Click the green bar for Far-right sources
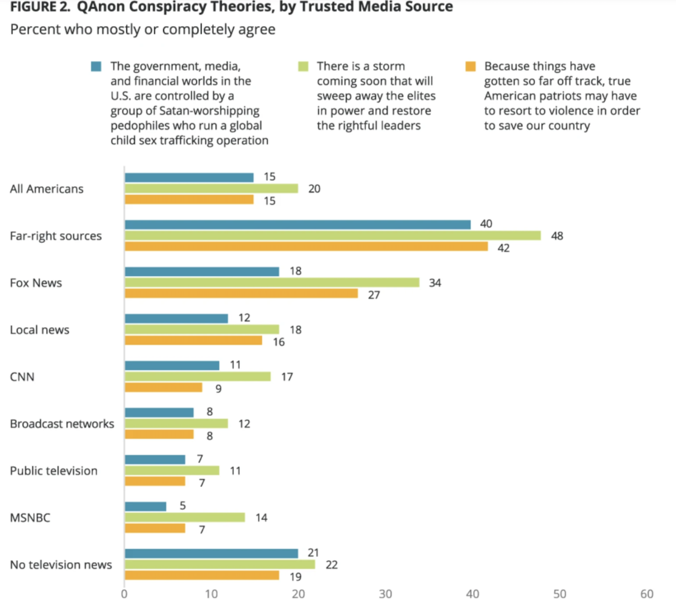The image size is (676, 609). coord(333,235)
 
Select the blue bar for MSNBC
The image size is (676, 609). coord(146,506)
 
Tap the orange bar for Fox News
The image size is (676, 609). coord(241,294)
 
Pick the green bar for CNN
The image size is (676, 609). coord(198,377)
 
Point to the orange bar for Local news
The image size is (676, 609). coord(194,341)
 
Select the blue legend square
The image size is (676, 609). coord(96,66)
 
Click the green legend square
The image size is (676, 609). coord(303,66)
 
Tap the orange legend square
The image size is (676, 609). coord(471,66)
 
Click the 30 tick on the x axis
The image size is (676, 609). coord(385,594)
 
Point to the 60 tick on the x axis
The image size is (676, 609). coord(647,594)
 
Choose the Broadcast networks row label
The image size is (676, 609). coord(62,424)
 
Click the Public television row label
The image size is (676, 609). coord(54,471)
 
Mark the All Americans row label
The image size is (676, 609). coord(47,189)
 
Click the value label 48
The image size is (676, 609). coord(557,236)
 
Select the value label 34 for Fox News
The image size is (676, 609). coord(435,283)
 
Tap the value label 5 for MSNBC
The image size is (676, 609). coord(183,506)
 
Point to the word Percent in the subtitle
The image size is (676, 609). coord(33,29)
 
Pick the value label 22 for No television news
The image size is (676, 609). coord(332,565)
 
